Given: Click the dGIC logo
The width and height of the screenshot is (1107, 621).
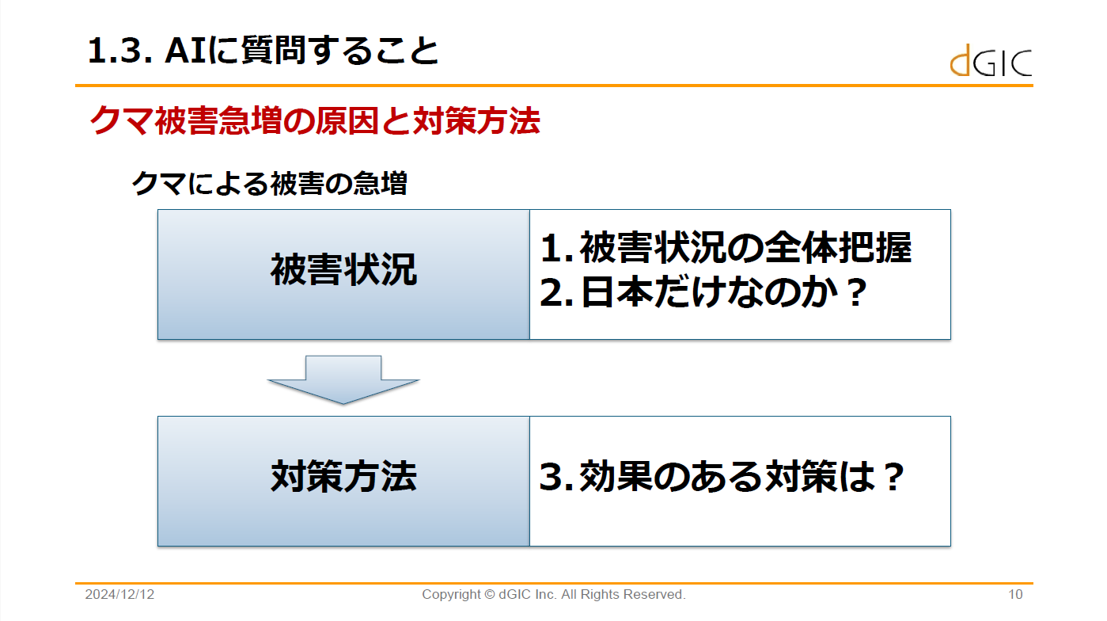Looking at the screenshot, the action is pyautogui.click(x=991, y=61).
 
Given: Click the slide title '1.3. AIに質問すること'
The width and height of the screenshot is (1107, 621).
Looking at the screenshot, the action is pyautogui.click(x=263, y=50).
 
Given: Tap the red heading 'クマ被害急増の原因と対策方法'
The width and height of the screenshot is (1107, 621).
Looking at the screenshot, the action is pyautogui.click(x=315, y=120).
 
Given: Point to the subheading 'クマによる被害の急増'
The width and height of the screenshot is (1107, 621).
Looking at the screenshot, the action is pyautogui.click(x=269, y=184).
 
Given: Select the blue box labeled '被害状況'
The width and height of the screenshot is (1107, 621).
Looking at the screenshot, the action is pyautogui.click(x=343, y=275).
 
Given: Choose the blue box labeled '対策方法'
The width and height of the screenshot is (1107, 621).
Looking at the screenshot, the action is pyautogui.click(x=343, y=482).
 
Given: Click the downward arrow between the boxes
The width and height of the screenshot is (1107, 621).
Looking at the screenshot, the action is pyautogui.click(x=343, y=380).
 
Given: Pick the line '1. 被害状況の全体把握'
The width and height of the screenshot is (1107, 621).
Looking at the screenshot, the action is pyautogui.click(x=726, y=247).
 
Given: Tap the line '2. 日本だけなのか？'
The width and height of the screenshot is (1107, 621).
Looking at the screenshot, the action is pyautogui.click(x=703, y=292).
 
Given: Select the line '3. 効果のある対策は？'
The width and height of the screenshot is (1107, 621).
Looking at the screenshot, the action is pyautogui.click(x=722, y=477).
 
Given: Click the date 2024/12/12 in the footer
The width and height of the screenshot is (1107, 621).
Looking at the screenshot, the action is pyautogui.click(x=119, y=594).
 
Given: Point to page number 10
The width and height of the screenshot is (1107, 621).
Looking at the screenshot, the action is pyautogui.click(x=1015, y=594).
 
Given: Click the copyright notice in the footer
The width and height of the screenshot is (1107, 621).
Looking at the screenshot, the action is pyautogui.click(x=554, y=594).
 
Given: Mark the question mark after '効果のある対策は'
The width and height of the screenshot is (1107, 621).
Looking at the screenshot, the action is pyautogui.click(x=894, y=477).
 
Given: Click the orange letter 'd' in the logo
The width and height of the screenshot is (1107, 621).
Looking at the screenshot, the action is pyautogui.click(x=960, y=61).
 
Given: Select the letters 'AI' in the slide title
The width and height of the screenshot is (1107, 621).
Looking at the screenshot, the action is pyautogui.click(x=185, y=51).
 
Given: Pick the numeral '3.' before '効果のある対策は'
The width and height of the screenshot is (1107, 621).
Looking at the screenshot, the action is pyautogui.click(x=556, y=478).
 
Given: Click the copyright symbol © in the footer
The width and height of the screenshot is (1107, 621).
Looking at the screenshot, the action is pyautogui.click(x=489, y=594).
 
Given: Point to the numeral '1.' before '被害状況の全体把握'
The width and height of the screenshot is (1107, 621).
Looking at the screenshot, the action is pyautogui.click(x=556, y=248).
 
